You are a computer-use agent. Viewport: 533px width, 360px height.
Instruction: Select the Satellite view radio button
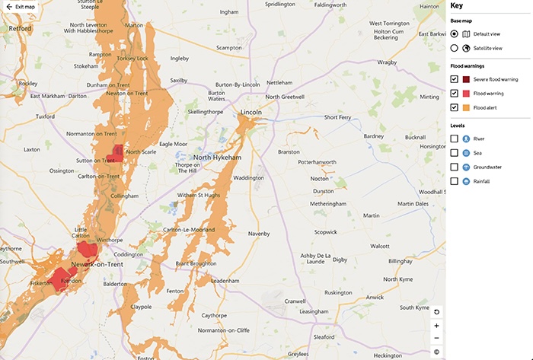point(455,48)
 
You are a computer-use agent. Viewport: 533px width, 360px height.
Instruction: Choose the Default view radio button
point(455,34)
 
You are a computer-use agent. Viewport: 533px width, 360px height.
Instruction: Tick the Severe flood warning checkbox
point(455,79)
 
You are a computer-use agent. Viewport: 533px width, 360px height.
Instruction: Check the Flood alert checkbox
point(455,107)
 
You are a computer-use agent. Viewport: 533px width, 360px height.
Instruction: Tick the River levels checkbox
point(455,139)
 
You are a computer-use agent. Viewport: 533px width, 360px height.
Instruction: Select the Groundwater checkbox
point(455,167)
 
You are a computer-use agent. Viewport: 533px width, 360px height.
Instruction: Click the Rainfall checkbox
point(455,181)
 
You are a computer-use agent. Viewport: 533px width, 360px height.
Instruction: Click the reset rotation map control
point(436,312)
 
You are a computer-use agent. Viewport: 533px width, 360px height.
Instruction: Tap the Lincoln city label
point(251,113)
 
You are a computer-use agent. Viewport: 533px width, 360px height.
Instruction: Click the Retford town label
point(20,28)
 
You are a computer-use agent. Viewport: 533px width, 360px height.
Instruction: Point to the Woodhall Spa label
point(432,191)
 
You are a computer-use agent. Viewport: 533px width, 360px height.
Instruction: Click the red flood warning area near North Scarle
point(116,152)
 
